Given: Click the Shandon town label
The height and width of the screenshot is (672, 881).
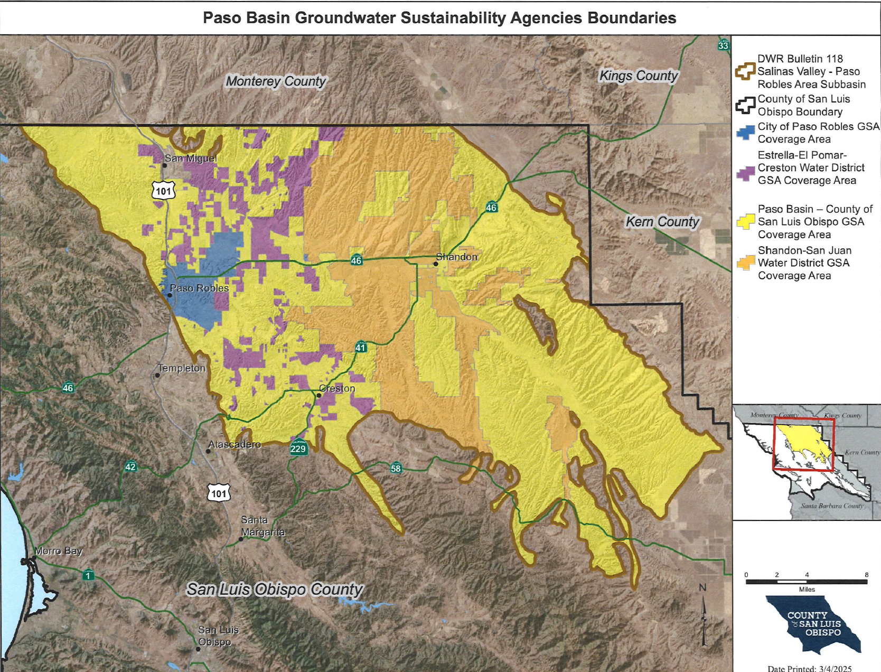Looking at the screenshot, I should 456,257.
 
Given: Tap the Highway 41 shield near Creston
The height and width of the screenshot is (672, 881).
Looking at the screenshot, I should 361,347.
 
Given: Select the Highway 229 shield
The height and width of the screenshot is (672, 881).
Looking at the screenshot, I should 298,448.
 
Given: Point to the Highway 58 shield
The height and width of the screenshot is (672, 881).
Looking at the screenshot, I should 396,468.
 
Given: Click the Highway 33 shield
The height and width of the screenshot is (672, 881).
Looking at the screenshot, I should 723,45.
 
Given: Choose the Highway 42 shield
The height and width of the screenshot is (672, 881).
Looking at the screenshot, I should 130,466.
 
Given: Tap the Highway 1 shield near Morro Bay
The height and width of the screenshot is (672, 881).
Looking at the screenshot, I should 89,575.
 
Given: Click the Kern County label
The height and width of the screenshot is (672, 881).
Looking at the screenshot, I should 662,222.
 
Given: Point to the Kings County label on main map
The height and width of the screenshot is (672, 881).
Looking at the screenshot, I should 638,76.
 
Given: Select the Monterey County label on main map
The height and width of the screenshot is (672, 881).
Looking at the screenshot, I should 276,81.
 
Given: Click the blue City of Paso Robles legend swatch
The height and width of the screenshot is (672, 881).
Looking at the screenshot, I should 745,133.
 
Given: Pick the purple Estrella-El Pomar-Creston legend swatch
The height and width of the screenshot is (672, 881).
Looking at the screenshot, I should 745,173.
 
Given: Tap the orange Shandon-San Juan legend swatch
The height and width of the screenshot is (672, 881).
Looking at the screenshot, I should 745,263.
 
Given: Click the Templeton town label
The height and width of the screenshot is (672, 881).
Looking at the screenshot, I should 182,368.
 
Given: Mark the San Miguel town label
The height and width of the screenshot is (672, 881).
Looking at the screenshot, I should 191,158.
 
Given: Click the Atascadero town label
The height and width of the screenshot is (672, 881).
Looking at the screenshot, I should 235,444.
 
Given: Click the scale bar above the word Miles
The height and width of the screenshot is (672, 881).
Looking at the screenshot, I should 807,582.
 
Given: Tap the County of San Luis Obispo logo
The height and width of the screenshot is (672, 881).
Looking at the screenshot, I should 814,624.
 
